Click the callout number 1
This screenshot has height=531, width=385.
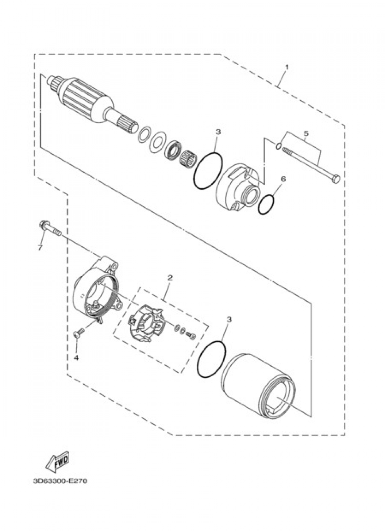[287, 67]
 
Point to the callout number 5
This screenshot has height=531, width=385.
[306, 134]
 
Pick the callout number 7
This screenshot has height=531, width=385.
[40, 247]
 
